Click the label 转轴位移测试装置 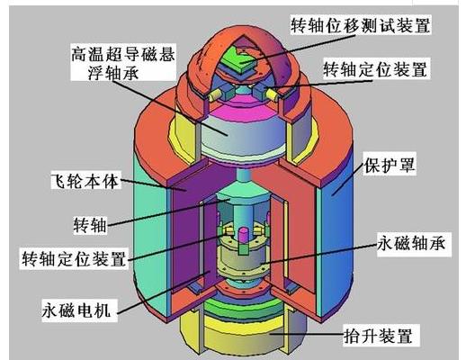(361, 25)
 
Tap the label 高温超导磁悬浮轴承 (123, 63)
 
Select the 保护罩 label (390, 165)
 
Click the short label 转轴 (90, 225)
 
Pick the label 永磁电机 (76, 310)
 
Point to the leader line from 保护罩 (348, 179)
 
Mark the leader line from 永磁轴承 (318, 254)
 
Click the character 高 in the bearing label (79, 54)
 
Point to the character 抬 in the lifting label (352, 336)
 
